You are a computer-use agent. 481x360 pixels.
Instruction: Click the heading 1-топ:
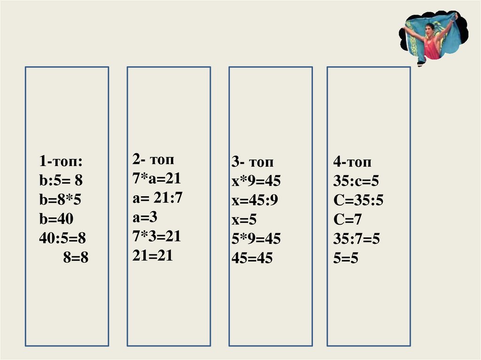pyautogui.click(x=61, y=162)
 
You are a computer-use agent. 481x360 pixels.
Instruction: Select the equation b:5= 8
pyautogui.click(x=64, y=181)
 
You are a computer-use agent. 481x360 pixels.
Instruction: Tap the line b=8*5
pyautogui.click(x=61, y=200)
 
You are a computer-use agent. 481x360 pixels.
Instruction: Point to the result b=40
pyautogui.click(x=56, y=219)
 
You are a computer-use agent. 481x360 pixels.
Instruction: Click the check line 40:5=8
pyautogui.click(x=63, y=238)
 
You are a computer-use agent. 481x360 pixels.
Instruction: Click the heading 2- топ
pyautogui.click(x=153, y=160)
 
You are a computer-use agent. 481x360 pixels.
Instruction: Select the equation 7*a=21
pyautogui.click(x=156, y=179)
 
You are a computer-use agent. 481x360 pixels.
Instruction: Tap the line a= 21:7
pyautogui.click(x=157, y=198)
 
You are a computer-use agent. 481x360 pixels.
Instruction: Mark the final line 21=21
pyautogui.click(x=153, y=255)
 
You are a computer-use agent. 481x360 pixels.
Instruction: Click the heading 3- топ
pyautogui.click(x=252, y=162)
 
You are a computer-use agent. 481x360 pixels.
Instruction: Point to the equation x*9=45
pyautogui.click(x=256, y=182)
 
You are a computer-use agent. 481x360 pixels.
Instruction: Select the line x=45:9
pyautogui.click(x=255, y=201)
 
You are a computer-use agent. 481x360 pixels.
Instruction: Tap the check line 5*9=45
pyautogui.click(x=256, y=239)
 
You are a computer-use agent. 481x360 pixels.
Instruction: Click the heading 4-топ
pyautogui.click(x=352, y=162)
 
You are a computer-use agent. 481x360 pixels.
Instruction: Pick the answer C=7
pyautogui.click(x=348, y=220)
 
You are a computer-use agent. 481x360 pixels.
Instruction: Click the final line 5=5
pyautogui.click(x=346, y=258)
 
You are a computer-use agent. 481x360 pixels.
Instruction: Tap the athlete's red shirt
pyautogui.click(x=432, y=48)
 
